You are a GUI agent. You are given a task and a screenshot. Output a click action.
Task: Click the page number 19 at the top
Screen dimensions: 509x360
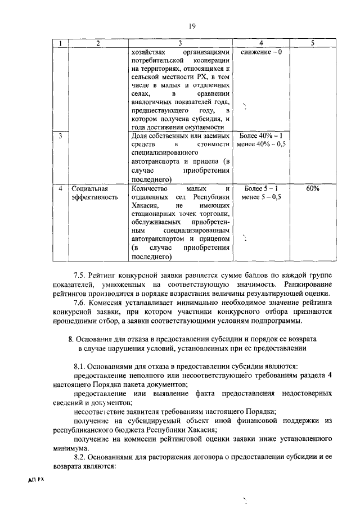click(192, 26)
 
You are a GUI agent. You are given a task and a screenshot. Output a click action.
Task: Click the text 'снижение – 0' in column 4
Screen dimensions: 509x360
click(260, 52)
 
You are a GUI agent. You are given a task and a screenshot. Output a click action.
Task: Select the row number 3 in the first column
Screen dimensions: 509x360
click(60, 136)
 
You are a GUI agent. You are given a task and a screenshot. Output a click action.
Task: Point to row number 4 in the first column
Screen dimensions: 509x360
click(60, 188)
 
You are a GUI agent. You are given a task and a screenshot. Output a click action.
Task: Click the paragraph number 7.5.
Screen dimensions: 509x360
click(82, 274)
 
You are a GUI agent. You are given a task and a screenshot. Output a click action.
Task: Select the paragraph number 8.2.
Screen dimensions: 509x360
click(82, 457)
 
